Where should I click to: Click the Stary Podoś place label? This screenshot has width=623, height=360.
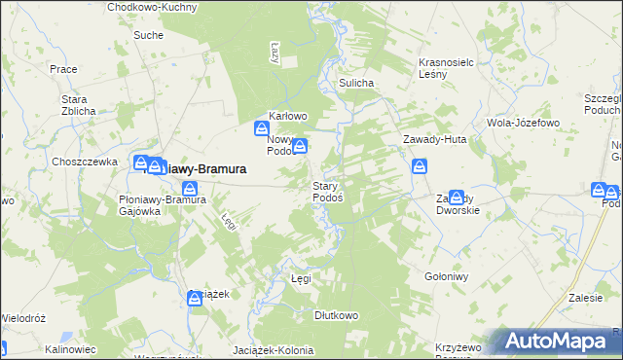pos(326,191)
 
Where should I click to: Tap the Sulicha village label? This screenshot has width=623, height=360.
pos(356,84)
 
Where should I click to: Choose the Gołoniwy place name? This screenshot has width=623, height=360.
pos(447,276)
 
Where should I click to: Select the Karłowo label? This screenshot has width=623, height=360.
pos(287,117)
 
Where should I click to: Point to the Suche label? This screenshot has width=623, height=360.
pos(148,35)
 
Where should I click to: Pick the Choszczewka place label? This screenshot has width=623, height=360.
pos(86,162)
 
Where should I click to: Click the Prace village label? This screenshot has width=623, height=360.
pos(63,69)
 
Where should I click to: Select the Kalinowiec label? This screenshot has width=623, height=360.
pos(69,348)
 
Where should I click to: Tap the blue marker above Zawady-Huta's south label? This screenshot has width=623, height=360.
pos(419,166)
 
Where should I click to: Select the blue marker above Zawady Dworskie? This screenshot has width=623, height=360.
pos(457,197)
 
